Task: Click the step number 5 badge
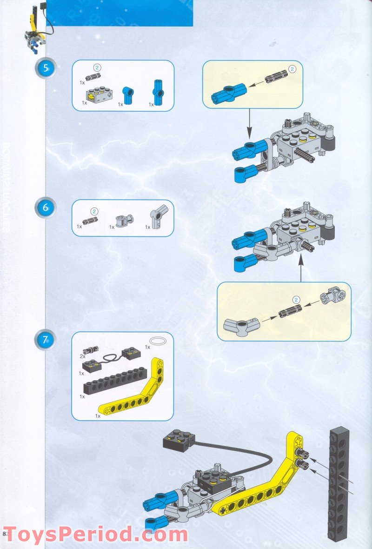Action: [x=46, y=68]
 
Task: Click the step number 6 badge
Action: [x=46, y=208]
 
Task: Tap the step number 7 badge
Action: [x=46, y=340]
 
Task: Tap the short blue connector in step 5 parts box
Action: [x=128, y=95]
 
